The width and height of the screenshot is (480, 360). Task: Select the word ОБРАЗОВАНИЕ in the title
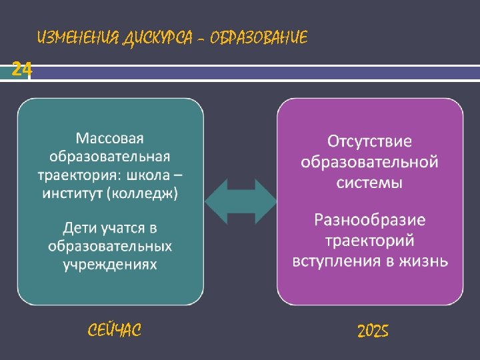click(259, 38)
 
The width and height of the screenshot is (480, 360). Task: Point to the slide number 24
click(22, 69)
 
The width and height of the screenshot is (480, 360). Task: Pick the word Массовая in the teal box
click(110, 139)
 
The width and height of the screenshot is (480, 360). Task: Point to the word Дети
click(79, 228)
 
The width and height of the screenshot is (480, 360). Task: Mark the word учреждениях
click(110, 265)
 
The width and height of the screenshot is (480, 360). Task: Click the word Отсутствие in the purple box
click(369, 142)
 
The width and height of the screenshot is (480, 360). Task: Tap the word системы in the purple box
click(369, 181)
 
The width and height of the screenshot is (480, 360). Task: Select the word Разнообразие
click(369, 220)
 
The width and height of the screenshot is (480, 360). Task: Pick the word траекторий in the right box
click(369, 240)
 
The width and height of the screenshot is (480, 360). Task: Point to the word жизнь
click(426, 260)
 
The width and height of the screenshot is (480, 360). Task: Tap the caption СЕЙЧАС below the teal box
click(115, 330)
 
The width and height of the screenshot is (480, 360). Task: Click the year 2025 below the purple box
click(373, 331)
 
